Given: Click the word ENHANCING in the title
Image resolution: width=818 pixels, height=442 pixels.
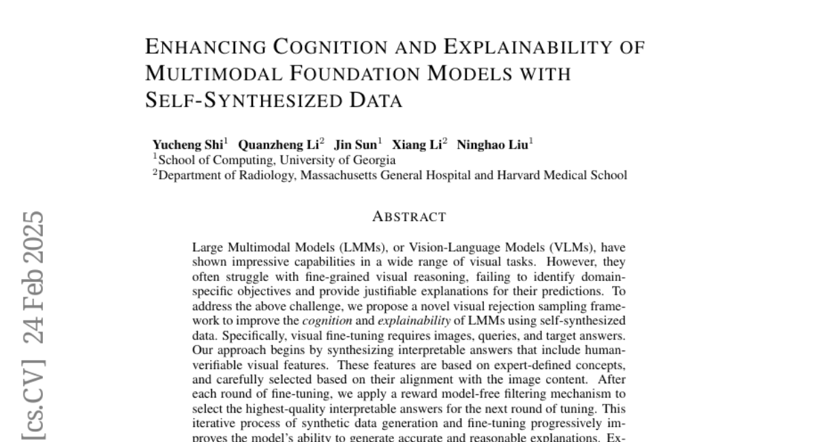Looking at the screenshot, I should tap(206, 47).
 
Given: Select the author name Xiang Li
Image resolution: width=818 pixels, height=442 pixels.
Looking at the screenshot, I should tap(418, 145).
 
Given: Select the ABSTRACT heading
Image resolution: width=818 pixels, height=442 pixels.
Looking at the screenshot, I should tap(409, 217).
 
